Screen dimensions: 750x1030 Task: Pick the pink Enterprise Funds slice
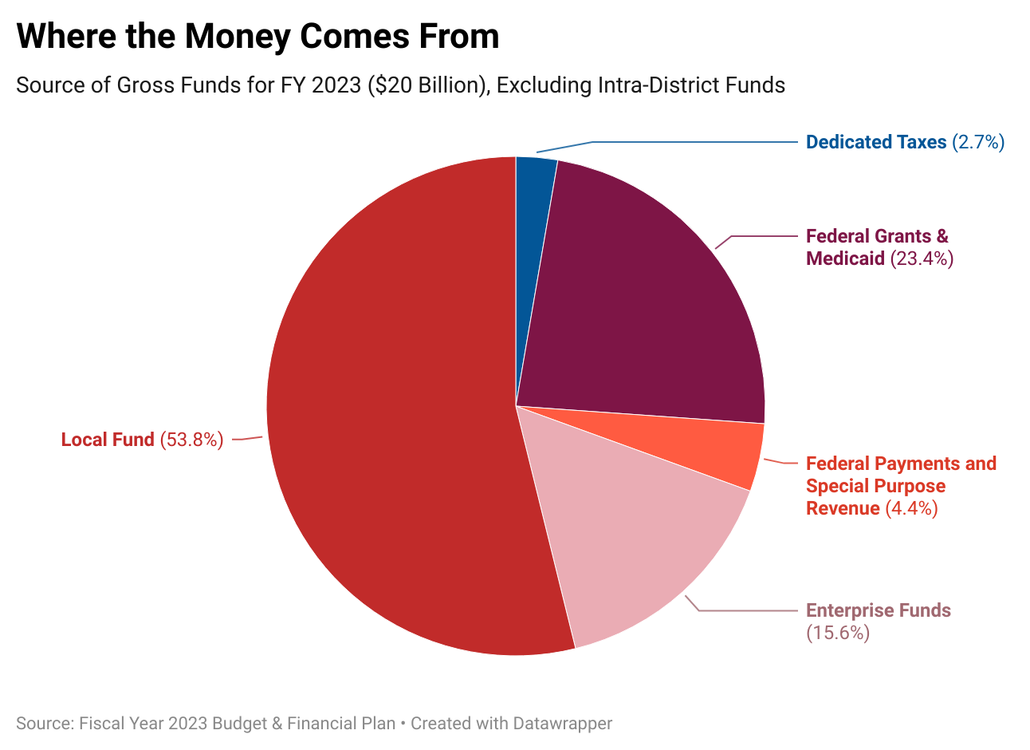point(638,543)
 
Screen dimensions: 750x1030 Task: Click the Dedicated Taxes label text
point(875,142)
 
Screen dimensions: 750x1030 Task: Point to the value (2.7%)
point(978,142)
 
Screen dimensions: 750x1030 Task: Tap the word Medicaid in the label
point(845,259)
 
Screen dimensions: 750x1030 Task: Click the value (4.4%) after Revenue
point(911,508)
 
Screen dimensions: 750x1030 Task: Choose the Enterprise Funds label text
point(878,610)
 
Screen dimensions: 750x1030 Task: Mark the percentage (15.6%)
point(837,633)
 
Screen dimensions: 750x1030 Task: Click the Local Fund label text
point(108,440)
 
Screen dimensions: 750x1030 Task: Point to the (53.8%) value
point(192,440)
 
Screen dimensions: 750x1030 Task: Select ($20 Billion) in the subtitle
point(429,85)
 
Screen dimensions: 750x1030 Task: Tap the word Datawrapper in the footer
point(562,724)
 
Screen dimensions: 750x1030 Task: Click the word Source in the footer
point(44,724)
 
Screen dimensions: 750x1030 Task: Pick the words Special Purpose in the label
point(875,486)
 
